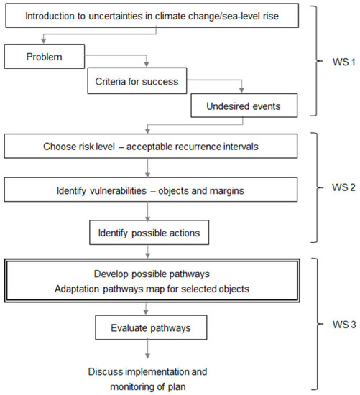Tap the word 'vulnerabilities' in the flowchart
(x=106, y=191)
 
